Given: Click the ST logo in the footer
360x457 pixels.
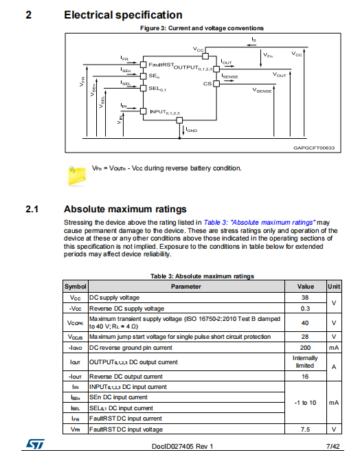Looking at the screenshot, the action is coord(35,444).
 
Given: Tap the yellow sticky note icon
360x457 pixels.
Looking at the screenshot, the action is coord(77,175).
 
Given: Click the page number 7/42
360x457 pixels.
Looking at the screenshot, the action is coord(333,446).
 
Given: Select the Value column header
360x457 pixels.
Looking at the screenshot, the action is coord(306,287).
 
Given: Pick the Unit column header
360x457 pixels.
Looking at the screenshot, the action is coord(334,287).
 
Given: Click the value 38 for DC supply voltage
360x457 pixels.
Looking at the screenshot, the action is coord(305,298).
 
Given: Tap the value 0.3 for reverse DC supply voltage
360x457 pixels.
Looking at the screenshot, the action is coord(305,309).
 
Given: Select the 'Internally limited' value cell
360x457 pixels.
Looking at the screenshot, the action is coord(305,361).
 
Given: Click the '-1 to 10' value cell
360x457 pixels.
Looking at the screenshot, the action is coord(305,403).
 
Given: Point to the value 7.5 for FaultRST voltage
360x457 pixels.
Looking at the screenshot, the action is coord(305,430).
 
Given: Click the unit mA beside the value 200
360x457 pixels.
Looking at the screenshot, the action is coord(334,348).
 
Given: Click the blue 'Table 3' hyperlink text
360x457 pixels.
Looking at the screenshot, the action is coord(259,223).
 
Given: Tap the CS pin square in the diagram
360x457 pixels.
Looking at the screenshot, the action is coord(216,84).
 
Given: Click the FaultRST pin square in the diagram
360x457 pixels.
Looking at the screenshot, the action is coord(143,65).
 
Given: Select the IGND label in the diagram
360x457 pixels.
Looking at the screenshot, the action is coord(192,130).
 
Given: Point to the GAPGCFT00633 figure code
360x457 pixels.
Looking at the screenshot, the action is coord(314,148).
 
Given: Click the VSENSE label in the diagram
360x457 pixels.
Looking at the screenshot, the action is coord(262,90).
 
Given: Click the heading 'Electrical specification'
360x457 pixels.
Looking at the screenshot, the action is coord(123,15).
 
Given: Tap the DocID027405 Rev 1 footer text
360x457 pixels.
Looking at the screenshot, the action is coord(182,446).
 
